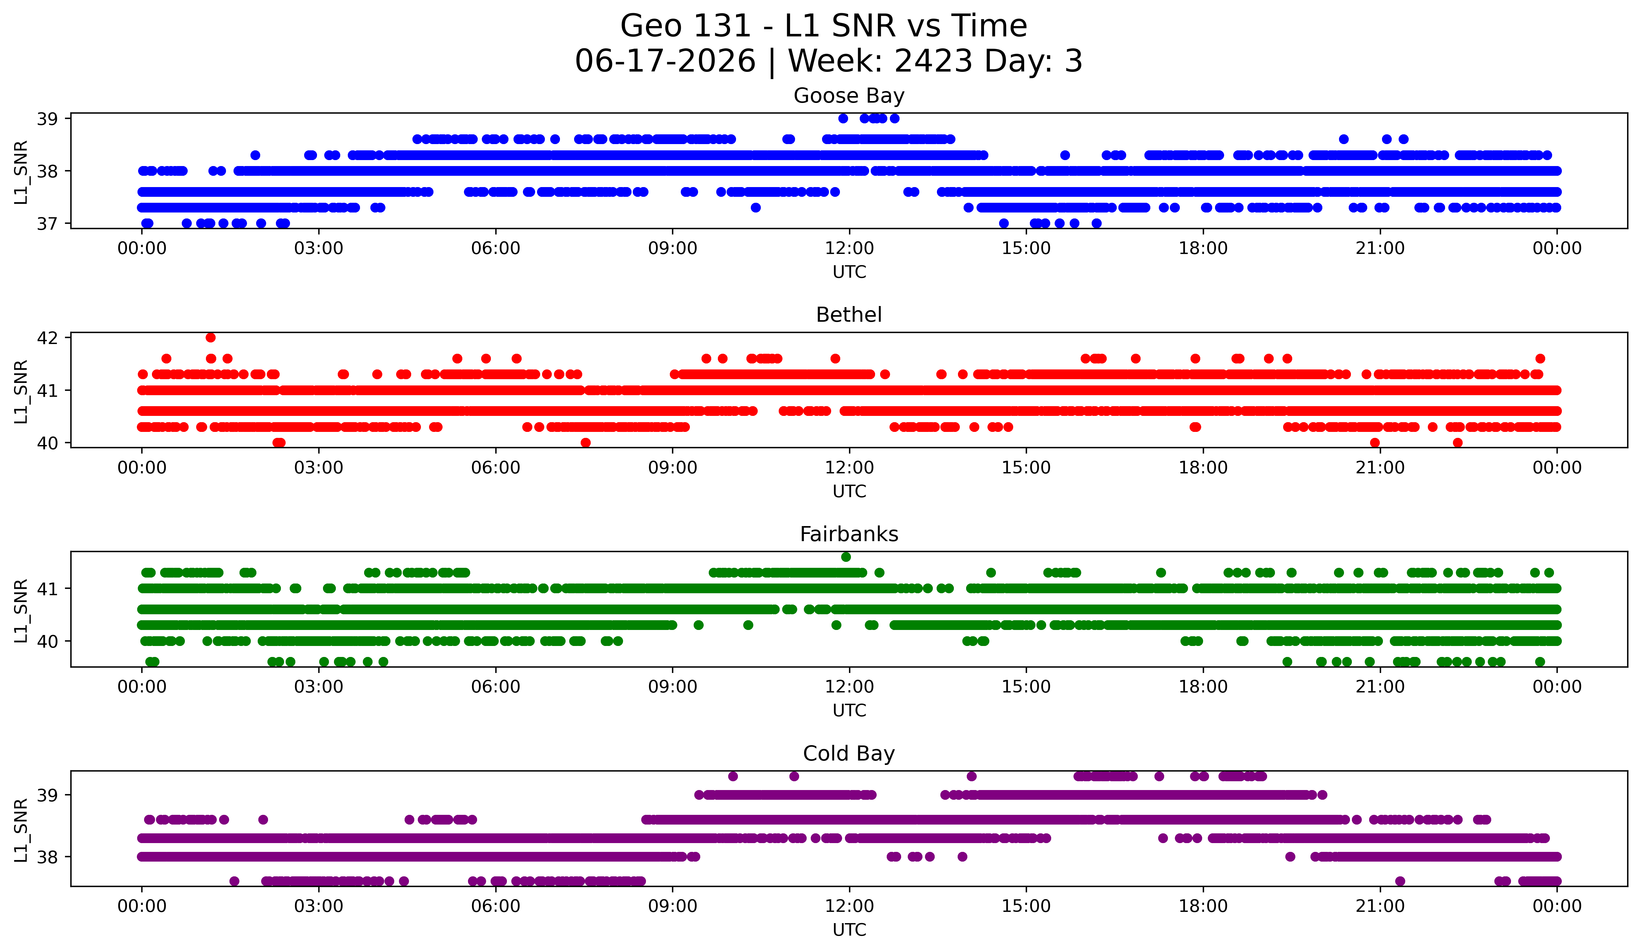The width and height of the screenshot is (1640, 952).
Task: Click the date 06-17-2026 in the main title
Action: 665,61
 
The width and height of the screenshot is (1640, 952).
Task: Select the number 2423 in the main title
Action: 934,61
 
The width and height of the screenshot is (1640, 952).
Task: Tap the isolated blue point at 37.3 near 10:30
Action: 755,207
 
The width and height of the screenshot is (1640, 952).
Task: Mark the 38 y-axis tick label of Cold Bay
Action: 47,857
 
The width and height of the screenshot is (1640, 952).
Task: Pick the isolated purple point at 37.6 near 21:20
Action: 1400,881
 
